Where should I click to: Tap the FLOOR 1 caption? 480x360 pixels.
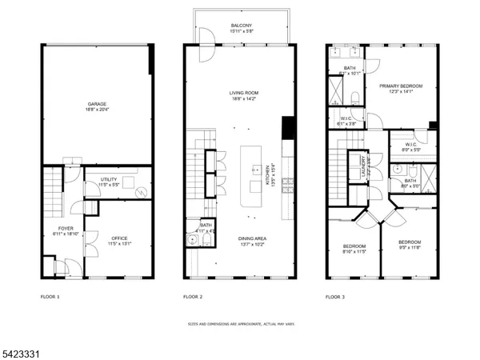tap(50, 297)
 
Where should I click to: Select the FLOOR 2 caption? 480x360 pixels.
tap(193, 297)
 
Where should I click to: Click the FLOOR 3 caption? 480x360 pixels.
tap(335, 297)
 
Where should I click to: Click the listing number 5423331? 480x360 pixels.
tap(21, 349)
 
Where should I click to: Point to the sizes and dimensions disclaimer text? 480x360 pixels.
tap(241, 324)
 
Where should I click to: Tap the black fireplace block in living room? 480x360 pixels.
tap(287, 129)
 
